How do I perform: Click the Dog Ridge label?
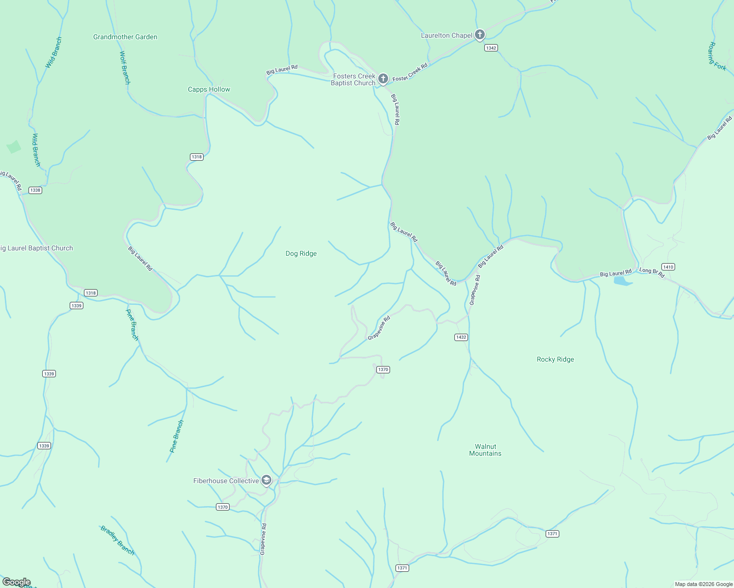(x=301, y=253)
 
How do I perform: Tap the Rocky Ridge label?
(x=555, y=359)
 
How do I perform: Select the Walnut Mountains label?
(x=485, y=450)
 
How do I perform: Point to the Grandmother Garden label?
(x=125, y=37)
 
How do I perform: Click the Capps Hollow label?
(x=209, y=89)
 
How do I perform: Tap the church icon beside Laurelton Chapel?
(x=480, y=35)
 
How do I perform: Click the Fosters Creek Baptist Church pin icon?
(x=383, y=78)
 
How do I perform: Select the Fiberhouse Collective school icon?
(x=266, y=480)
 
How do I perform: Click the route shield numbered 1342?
(x=491, y=48)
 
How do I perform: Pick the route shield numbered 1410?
(x=668, y=267)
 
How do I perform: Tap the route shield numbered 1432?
(x=461, y=337)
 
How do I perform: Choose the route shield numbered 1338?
(x=35, y=190)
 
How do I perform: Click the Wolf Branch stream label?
(x=125, y=68)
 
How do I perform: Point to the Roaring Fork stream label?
(x=716, y=56)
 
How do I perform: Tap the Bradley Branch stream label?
(x=117, y=540)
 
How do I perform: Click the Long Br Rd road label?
(x=652, y=272)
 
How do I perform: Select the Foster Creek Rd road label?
(x=410, y=72)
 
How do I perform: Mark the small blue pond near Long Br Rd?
(x=622, y=281)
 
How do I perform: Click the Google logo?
(x=16, y=582)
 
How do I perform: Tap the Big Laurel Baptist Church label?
(x=37, y=248)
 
